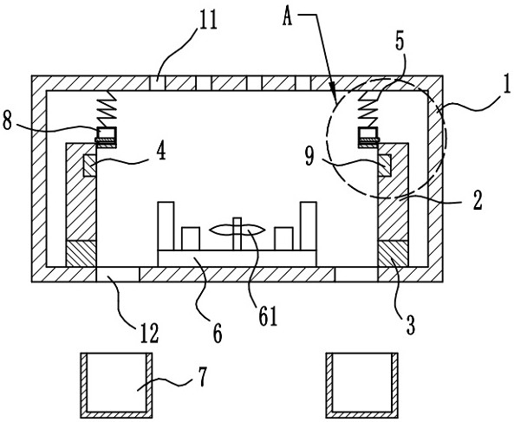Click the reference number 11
(208, 20)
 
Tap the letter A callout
(288, 16)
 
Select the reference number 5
(400, 42)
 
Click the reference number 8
(7, 120)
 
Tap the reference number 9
(310, 156)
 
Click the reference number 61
(268, 315)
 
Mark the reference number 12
(149, 333)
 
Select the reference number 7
(203, 376)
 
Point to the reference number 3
(410, 324)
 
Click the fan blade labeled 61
(237, 230)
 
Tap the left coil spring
(106, 109)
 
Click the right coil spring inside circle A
(368, 109)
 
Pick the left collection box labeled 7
(116, 386)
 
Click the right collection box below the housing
(362, 386)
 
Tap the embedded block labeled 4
(89, 166)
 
